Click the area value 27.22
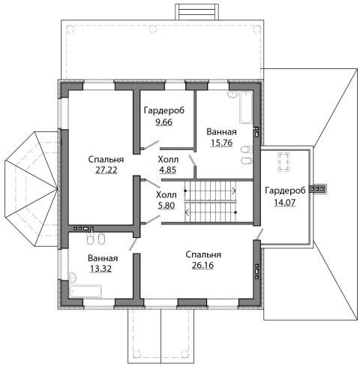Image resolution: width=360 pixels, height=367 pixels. point(106,170)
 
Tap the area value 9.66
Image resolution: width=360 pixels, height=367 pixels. point(163,122)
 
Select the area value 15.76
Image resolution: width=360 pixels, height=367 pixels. point(222,143)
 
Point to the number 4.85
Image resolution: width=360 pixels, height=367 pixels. point(168,170)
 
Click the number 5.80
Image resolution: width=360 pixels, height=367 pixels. point(166,206)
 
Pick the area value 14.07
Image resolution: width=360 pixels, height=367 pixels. point(285,202)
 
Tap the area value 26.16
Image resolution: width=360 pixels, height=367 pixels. point(202,265)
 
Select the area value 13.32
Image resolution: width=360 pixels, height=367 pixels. point(100,269)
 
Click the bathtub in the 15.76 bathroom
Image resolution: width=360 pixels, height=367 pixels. point(246,107)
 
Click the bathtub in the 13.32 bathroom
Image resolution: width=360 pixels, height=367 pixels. point(85,291)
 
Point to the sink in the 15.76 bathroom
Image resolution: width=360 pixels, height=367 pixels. point(232,95)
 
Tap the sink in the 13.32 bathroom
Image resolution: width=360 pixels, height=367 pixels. point(73,278)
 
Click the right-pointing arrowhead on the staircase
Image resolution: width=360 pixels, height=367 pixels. point(234,191)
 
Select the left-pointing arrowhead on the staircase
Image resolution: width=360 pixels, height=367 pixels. point(187,212)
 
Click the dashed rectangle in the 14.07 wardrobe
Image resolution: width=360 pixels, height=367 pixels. point(283,162)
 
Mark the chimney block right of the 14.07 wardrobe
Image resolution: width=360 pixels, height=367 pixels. point(318,189)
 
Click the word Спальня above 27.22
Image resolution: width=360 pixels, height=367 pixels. point(106,159)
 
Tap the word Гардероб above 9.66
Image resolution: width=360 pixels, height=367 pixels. point(164,110)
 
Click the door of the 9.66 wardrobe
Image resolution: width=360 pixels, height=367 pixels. point(150,145)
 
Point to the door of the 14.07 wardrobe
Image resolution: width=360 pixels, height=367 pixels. point(259,234)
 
